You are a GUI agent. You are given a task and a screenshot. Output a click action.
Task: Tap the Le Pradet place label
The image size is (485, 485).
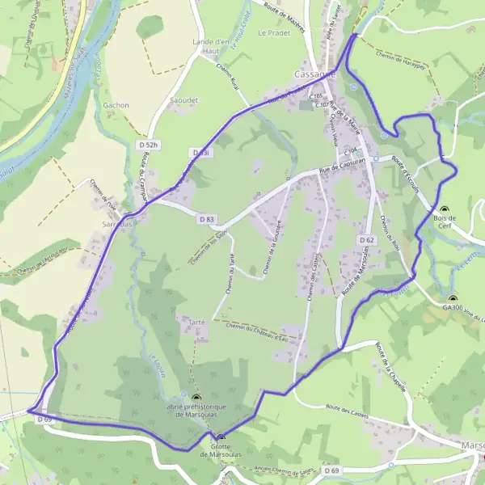(272, 34)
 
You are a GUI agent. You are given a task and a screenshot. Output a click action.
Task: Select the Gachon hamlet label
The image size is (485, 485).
(116, 105)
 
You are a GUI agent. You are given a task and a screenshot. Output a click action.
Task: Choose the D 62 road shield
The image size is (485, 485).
(365, 240)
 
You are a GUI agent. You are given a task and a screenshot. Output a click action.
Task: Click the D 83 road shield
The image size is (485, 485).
(206, 219)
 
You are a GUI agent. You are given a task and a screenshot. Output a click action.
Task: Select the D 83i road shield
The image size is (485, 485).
(201, 152)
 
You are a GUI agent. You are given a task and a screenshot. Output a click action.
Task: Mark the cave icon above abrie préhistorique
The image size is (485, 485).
(196, 397)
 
